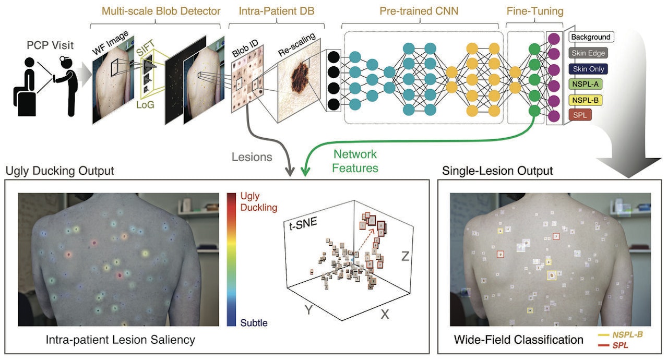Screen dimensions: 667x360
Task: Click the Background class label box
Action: (591, 37)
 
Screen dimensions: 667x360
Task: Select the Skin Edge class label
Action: (588, 53)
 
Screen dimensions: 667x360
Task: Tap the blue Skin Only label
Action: (588, 69)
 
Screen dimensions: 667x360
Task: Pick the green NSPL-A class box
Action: (586, 84)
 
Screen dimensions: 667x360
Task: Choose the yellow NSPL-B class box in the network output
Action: (586, 100)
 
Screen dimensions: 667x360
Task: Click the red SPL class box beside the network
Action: (580, 115)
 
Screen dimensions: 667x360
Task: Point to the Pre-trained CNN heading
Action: (419, 11)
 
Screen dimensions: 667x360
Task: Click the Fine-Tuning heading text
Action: (535, 11)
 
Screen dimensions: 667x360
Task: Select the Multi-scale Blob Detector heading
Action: (161, 11)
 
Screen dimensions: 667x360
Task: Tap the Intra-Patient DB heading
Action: (276, 11)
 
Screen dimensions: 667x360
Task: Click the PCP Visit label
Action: (50, 45)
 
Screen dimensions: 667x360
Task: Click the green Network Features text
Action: (355, 161)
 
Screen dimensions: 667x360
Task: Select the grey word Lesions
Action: (252, 157)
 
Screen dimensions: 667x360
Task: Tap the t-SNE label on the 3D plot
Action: (303, 223)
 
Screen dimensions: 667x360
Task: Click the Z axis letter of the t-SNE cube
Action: (405, 256)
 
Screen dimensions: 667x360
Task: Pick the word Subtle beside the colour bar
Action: (254, 323)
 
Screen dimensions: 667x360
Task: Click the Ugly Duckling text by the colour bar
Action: (258, 201)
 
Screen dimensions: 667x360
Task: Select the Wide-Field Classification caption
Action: (518, 340)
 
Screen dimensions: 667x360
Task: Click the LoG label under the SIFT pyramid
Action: (145, 105)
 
